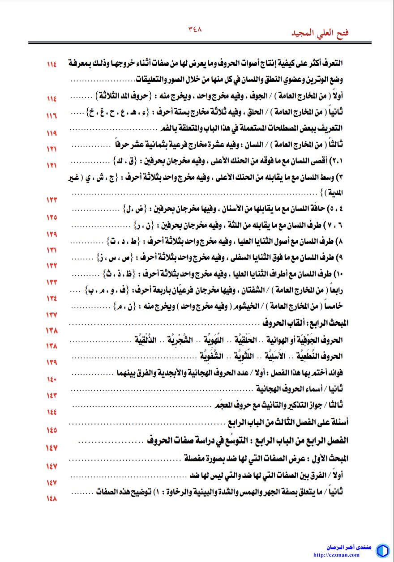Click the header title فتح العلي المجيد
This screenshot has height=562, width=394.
(320, 34)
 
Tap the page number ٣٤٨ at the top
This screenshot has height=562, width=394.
(195, 30)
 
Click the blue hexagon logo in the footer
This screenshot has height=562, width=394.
(382, 550)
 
